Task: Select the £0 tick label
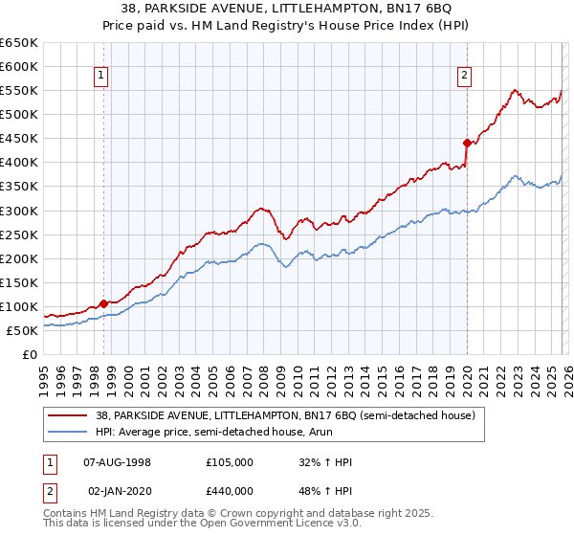[x=29, y=354]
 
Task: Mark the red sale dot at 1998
[x=103, y=303]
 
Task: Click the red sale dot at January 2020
[x=466, y=143]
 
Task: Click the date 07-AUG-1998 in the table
[x=118, y=462]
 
